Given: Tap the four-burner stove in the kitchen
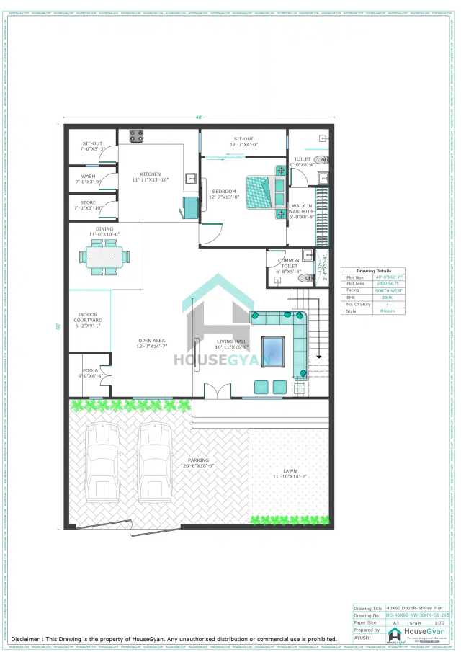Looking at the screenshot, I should tap(136, 135).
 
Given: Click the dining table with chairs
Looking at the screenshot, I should tap(105, 257).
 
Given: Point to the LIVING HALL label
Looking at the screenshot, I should tap(230, 344).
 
